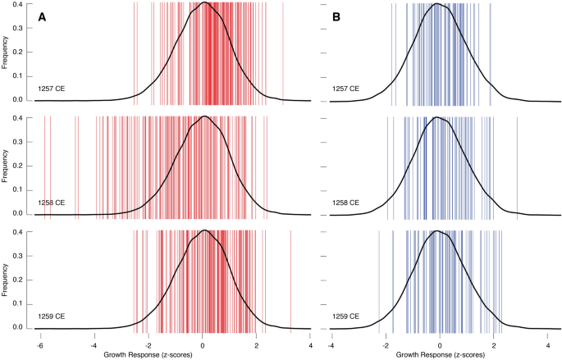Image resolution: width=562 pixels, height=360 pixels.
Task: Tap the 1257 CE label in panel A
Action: click(51, 89)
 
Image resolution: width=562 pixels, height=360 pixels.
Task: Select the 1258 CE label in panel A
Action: click(51, 203)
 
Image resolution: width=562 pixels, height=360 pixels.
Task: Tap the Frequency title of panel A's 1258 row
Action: click(7, 165)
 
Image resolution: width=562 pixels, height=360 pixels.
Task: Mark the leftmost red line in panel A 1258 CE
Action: click(44, 164)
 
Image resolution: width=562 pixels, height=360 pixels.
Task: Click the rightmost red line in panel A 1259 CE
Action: click(290, 279)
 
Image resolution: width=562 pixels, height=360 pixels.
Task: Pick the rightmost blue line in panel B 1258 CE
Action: click(517, 164)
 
